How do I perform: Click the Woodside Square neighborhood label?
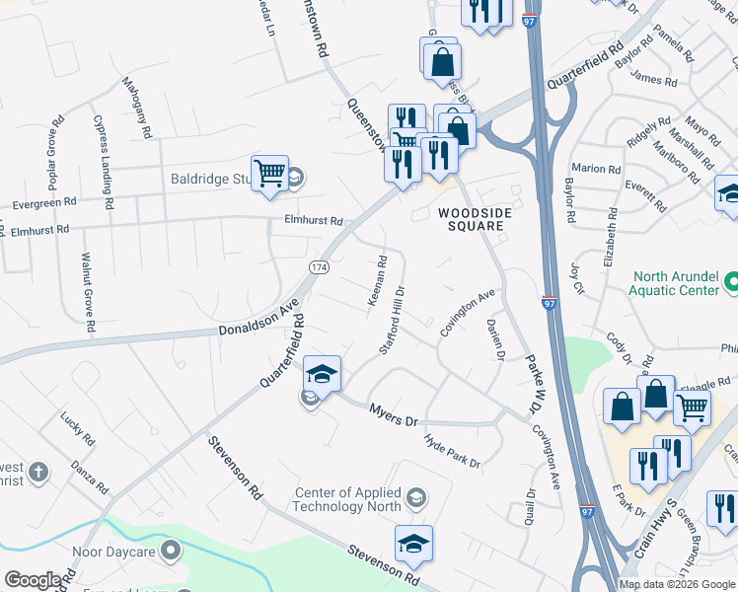(x=471, y=219)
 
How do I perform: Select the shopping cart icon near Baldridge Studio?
(x=268, y=175)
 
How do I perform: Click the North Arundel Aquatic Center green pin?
(x=730, y=284)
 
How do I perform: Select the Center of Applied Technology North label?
(x=350, y=499)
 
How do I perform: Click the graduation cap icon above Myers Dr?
(x=322, y=375)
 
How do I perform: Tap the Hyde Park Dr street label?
(x=452, y=450)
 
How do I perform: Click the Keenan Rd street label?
(x=379, y=281)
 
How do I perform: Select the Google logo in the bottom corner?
(x=33, y=580)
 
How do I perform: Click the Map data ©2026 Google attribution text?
(x=676, y=584)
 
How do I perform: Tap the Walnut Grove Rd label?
(x=86, y=292)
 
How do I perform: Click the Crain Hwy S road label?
(x=653, y=539)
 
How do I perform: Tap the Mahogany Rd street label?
(x=137, y=108)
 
